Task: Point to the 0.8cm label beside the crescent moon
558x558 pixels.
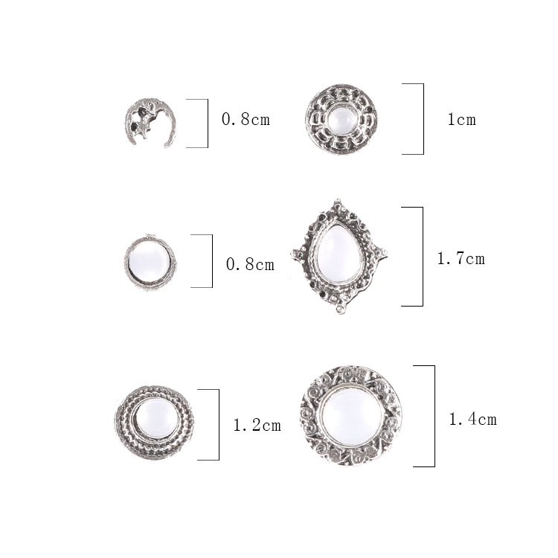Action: (x=246, y=119)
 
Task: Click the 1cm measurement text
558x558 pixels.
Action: (x=461, y=119)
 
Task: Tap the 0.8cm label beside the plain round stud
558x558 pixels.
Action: (x=250, y=264)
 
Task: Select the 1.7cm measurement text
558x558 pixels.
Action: (x=461, y=259)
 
